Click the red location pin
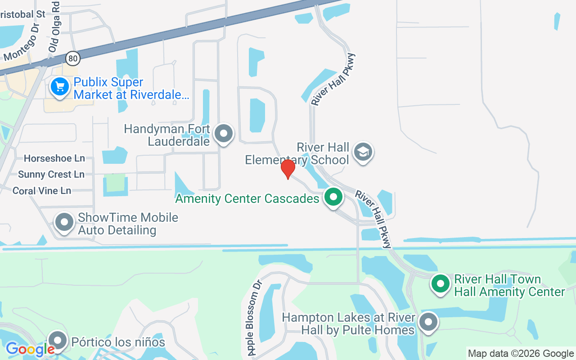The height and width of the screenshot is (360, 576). (x=288, y=169)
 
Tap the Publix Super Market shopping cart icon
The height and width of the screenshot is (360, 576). (x=60, y=87)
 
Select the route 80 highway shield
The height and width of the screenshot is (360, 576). (x=72, y=58)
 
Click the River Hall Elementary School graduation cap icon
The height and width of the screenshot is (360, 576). (x=363, y=152)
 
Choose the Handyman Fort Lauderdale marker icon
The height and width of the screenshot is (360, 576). (x=224, y=134)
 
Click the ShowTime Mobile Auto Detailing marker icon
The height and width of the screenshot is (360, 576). (x=64, y=222)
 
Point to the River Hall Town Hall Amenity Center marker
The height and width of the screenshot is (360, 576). (x=441, y=284)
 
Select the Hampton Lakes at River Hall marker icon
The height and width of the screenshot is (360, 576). (x=428, y=322)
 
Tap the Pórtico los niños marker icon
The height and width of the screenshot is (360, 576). (x=58, y=341)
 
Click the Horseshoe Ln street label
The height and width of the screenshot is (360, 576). (x=54, y=158)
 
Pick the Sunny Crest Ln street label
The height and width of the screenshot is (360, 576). (x=51, y=175)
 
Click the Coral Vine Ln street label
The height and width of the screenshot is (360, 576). (x=42, y=191)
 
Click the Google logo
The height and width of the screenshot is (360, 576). (x=30, y=349)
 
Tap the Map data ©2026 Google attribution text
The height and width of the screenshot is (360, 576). (x=521, y=354)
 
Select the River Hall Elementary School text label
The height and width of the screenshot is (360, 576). (x=297, y=153)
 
